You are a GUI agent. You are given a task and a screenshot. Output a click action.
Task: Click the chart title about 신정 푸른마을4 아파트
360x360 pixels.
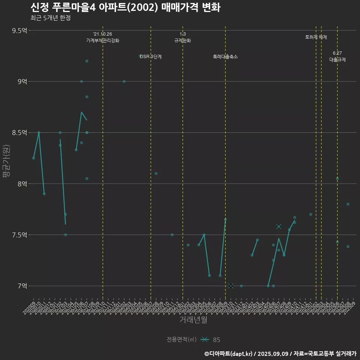pos(125,7)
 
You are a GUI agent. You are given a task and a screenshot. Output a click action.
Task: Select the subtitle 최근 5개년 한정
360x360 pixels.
pos(50,18)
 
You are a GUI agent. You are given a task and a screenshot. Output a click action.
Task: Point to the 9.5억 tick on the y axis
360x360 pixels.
pos(19,30)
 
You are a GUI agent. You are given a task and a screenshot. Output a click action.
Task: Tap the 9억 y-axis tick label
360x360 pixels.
pos(22,81)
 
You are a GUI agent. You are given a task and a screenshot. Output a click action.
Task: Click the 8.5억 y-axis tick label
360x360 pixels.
pos(19,133)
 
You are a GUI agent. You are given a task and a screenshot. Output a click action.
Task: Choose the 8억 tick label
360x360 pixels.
pos(22,184)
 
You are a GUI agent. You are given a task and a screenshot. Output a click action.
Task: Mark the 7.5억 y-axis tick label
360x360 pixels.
pos(19,235)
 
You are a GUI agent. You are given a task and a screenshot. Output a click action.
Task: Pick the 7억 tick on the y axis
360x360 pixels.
pos(22,286)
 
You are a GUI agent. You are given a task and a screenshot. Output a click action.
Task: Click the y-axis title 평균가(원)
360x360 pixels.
pos(6,162)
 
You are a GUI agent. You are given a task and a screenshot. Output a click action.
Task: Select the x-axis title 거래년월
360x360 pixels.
pos(193,320)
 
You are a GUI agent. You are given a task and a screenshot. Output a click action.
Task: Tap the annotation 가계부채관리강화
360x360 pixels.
pos(103,40)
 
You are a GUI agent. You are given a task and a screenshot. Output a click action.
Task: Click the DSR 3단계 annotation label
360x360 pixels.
pos(151,57)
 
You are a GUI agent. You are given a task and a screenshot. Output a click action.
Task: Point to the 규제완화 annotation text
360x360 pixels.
pos(183,40)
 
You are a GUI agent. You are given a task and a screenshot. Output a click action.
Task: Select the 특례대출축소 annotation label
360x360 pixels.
pos(225,57)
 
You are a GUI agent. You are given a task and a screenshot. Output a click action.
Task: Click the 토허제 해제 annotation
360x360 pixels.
pos(316,37)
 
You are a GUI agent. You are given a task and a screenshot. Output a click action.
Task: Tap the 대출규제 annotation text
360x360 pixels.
pos(337,60)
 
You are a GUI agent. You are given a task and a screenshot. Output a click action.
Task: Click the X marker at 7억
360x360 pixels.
pos(231,286)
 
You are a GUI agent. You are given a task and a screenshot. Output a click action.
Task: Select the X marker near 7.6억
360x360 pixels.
pos(279,226)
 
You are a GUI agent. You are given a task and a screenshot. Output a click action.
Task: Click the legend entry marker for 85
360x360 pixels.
pos(204,340)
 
